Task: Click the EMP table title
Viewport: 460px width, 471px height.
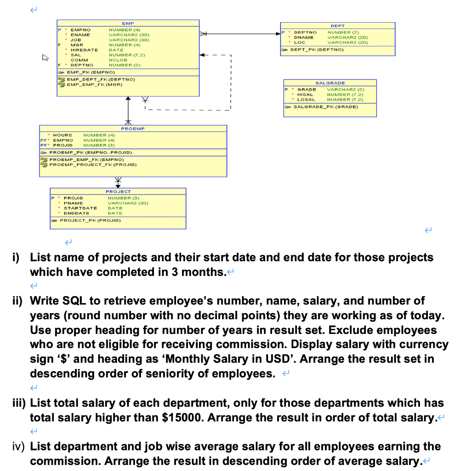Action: [x=128, y=23]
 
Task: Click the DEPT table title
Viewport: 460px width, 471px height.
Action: [x=337, y=25]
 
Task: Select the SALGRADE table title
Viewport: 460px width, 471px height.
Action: [x=329, y=83]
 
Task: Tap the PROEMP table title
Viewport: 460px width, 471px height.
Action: [x=133, y=128]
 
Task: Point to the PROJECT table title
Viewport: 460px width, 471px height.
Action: [x=118, y=191]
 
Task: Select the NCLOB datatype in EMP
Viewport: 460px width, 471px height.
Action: [x=117, y=60]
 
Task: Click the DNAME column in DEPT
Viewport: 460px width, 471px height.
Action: [x=304, y=37]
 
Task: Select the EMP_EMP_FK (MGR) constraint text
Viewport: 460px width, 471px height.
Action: [x=94, y=85]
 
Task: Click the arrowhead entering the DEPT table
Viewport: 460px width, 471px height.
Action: [x=278, y=33]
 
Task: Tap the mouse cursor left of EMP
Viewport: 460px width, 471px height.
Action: [x=45, y=58]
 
